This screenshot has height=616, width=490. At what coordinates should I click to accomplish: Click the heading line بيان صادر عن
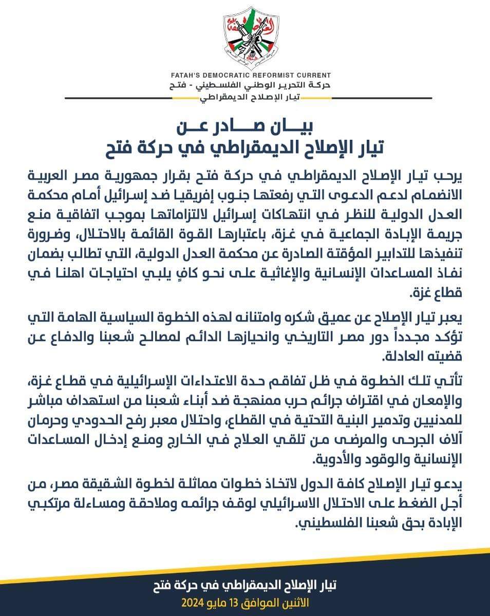pyautogui.click(x=245, y=126)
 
